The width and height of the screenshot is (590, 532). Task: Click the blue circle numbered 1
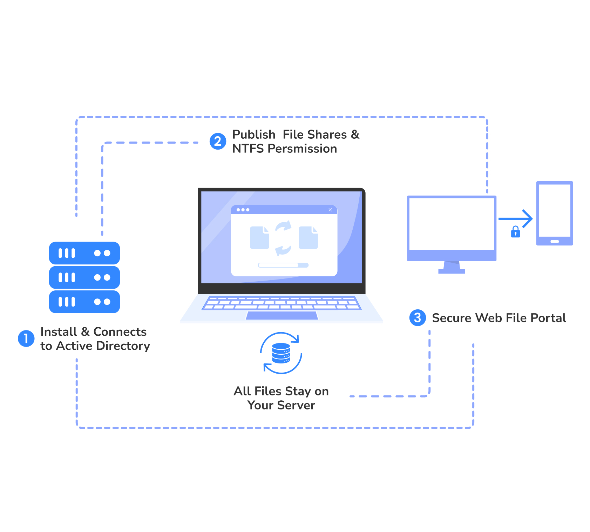click(x=26, y=339)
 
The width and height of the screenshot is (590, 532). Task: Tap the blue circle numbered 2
click(x=218, y=141)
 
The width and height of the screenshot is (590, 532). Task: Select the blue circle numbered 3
click(x=418, y=318)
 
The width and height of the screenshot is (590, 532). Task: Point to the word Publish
click(x=254, y=134)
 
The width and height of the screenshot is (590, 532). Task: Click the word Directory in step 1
click(x=123, y=346)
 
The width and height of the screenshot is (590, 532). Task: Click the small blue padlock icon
click(x=515, y=232)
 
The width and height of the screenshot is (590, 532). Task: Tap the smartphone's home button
click(x=555, y=242)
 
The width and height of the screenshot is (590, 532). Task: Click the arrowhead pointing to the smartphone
click(x=528, y=219)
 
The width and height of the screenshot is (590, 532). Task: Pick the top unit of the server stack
click(x=84, y=253)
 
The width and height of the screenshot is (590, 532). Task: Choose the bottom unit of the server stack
click(x=84, y=302)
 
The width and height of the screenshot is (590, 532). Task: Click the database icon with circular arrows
click(x=281, y=353)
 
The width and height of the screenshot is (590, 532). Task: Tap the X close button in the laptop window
click(x=330, y=210)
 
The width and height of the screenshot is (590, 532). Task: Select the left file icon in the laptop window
click(x=259, y=238)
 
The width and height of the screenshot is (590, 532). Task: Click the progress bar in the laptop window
click(x=283, y=265)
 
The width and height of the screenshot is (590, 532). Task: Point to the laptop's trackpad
click(x=282, y=315)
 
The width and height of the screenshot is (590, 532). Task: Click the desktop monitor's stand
click(x=452, y=267)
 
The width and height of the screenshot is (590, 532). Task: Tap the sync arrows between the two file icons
click(x=283, y=238)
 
